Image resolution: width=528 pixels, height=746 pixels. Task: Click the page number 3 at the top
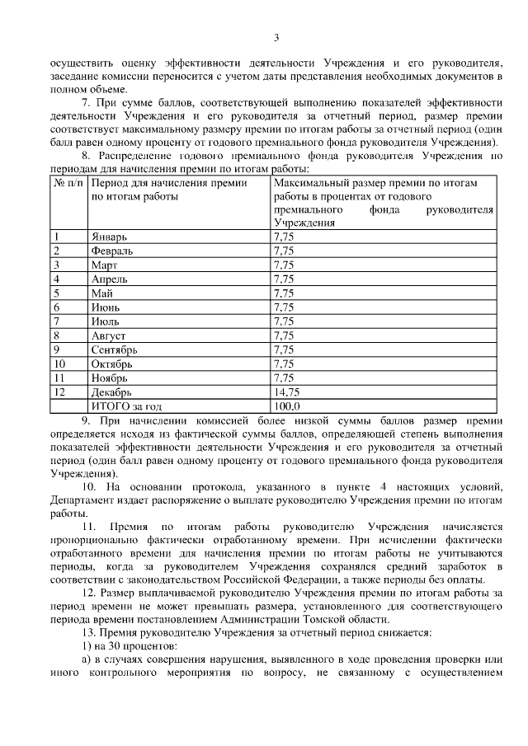tap(276, 37)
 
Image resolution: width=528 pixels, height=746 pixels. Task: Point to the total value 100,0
tap(286, 406)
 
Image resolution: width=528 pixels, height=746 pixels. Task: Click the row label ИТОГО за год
tap(126, 406)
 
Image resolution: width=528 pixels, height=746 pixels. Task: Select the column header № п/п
tap(69, 185)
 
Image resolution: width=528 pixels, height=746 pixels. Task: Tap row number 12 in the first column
tap(59, 392)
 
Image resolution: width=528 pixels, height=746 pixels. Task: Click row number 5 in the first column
tap(56, 293)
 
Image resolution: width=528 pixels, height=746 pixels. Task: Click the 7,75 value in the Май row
tap(283, 293)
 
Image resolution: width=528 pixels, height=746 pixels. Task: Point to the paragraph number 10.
tap(91, 486)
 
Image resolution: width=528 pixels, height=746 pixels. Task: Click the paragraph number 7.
tap(86, 103)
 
